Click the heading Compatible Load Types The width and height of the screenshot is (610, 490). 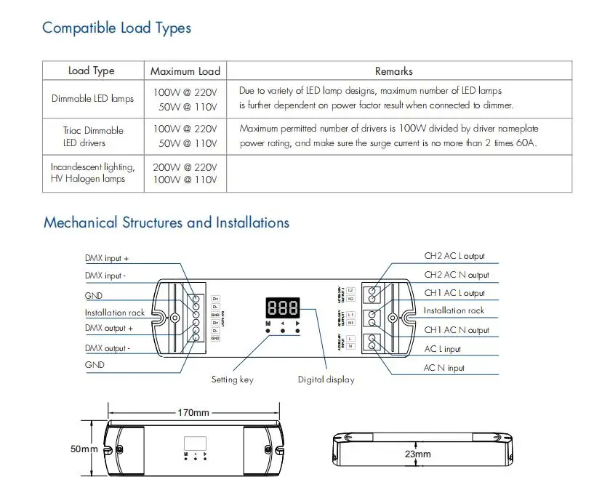[x=116, y=28]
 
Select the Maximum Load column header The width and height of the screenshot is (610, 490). [x=185, y=71]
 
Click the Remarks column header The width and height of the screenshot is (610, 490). [x=393, y=71]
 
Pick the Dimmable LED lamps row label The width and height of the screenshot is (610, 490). [x=92, y=98]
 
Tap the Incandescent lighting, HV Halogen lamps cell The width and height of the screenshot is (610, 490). [x=92, y=173]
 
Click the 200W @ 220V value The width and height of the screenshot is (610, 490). [x=185, y=166]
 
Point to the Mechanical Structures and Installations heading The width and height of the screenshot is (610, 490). [x=166, y=222]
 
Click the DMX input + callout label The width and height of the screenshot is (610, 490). [x=107, y=259]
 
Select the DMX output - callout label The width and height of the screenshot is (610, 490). [x=108, y=348]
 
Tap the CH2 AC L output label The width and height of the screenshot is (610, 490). [x=454, y=257]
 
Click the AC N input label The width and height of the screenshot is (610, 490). [x=444, y=368]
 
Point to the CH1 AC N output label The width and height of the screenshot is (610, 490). [x=457, y=330]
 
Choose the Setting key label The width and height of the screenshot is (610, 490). [x=232, y=379]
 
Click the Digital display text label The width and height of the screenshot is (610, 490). [x=326, y=379]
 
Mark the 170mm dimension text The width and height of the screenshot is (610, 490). [x=193, y=412]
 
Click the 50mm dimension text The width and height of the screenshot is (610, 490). [x=84, y=449]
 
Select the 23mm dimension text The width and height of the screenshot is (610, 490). [x=418, y=454]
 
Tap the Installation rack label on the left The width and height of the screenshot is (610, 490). [x=114, y=313]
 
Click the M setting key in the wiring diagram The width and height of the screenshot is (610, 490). [x=268, y=331]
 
